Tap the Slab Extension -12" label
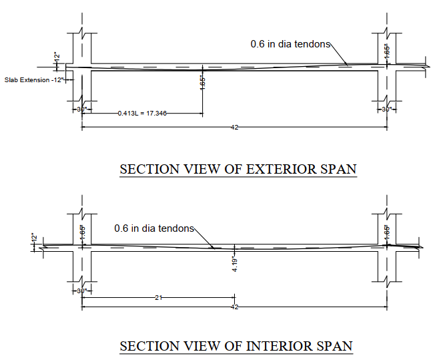34,79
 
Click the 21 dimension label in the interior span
158,298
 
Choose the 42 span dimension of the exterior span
234,127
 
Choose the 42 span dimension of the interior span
234,307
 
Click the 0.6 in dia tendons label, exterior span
290,43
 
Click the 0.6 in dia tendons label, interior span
153,228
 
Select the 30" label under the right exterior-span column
386,109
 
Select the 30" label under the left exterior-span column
81,109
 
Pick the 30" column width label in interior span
81,291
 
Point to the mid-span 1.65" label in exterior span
202,82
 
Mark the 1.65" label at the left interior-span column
83,232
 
